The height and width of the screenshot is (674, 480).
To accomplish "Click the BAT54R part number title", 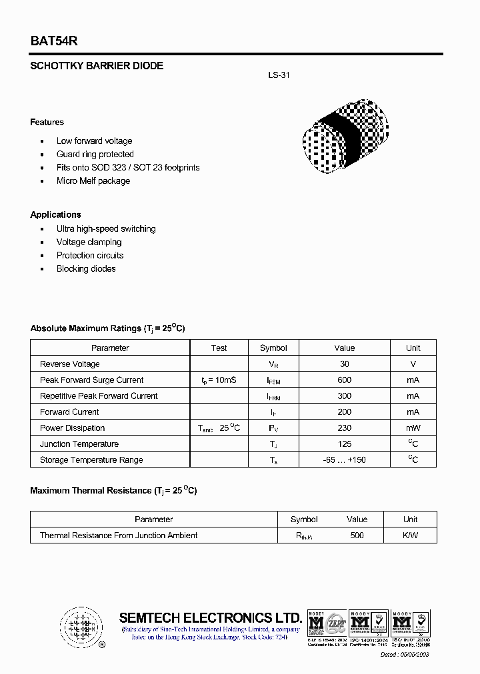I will (x=54, y=41).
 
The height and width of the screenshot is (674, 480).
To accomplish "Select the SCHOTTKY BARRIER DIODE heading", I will (x=97, y=66).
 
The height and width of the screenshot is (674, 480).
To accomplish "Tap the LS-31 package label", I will (x=279, y=75).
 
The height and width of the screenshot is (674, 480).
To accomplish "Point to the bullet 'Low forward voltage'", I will (x=94, y=141).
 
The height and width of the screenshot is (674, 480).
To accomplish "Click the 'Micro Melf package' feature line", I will (x=93, y=180).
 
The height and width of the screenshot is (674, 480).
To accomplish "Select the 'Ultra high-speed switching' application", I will (x=106, y=228).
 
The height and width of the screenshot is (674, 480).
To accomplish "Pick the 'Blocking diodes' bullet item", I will (x=86, y=268).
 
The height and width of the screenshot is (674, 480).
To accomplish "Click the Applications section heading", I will (x=55, y=214).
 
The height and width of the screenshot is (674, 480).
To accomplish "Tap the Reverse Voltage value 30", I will (x=344, y=364).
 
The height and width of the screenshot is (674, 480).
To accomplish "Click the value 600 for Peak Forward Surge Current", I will (x=344, y=380).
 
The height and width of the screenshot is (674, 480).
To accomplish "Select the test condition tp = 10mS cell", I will (x=219, y=380).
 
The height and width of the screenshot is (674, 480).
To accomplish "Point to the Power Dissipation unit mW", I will (x=413, y=428).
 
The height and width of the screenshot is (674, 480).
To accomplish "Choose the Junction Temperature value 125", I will (x=344, y=444).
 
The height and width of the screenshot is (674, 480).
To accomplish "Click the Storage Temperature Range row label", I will (x=91, y=460).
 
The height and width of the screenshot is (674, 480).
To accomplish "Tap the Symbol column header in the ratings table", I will (x=273, y=348).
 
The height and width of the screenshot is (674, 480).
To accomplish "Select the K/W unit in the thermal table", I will (x=410, y=535).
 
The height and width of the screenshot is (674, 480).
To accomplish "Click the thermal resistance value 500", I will (x=357, y=535).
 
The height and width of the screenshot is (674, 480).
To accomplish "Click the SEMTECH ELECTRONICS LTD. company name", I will (x=210, y=617).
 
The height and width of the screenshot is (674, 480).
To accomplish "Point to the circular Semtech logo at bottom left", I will (x=81, y=627).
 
